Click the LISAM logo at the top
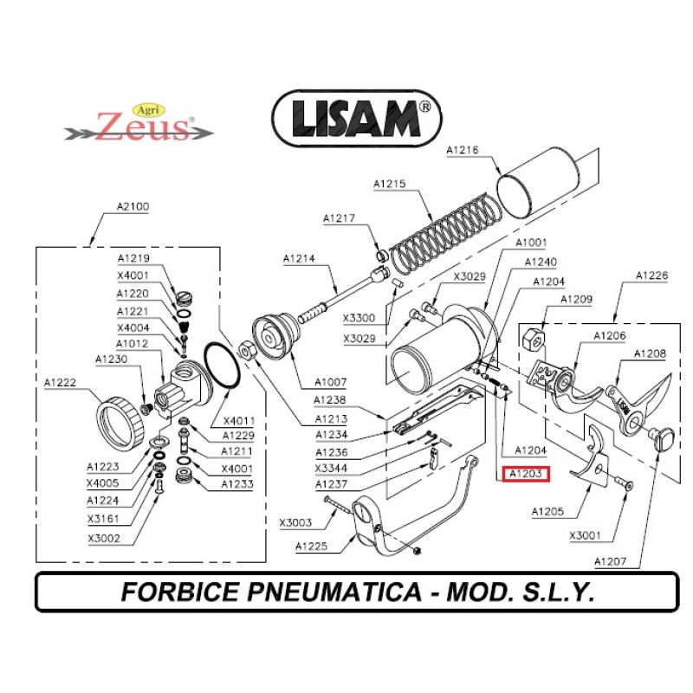coord(357,119)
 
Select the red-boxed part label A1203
coord(525,474)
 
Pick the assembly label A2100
coord(133,207)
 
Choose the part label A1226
coord(651,275)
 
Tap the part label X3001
coord(586,535)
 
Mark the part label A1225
coord(311,546)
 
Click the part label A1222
coord(62,382)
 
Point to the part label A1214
coord(300,259)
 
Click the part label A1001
coord(532,243)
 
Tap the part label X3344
coord(331,468)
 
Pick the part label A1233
coord(236,484)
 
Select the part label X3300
coord(359,318)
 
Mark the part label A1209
coord(576,299)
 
